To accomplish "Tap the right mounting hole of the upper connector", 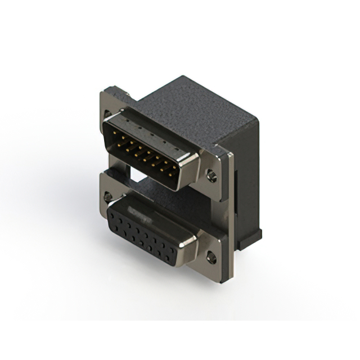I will coord(211,175).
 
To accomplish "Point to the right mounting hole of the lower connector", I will coord(211,258).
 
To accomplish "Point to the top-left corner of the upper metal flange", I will coord(102,92).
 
